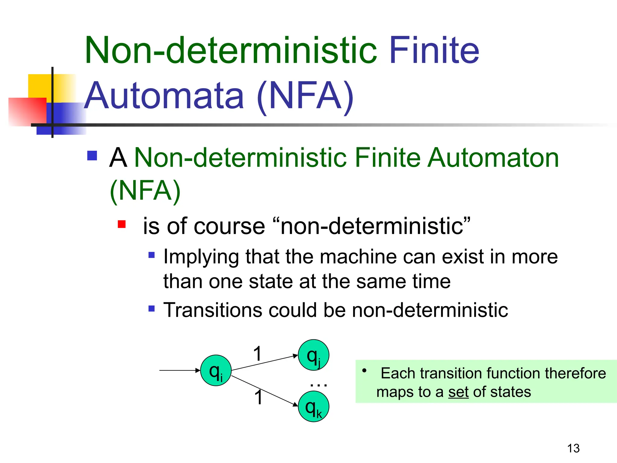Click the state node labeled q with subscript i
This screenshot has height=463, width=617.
(216, 370)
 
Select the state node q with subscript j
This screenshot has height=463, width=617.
(313, 355)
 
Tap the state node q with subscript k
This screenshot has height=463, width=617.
(313, 406)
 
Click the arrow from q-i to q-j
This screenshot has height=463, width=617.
(265, 362)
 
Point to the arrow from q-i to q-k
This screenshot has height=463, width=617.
(265, 391)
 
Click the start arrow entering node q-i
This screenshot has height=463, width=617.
(180, 370)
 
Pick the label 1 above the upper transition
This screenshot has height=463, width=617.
(257, 353)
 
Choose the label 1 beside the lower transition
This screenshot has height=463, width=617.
(258, 397)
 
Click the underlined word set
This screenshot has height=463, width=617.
(458, 392)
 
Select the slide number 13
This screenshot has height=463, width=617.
(573, 448)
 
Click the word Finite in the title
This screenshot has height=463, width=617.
(434, 50)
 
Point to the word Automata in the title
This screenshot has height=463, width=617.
(164, 96)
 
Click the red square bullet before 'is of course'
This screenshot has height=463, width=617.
(122, 224)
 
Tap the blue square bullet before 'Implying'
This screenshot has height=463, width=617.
(152, 255)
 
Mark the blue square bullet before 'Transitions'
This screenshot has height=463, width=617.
(152, 309)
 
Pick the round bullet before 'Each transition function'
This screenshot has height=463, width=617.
(365, 370)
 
